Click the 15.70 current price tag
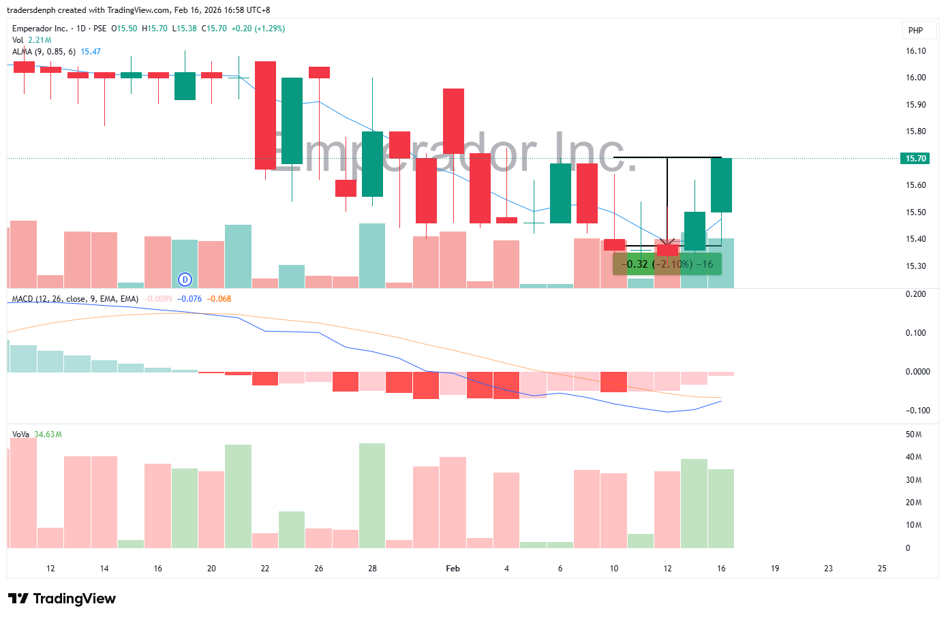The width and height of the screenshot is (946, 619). pyautogui.click(x=915, y=159)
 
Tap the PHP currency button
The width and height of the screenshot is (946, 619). pyautogui.click(x=915, y=31)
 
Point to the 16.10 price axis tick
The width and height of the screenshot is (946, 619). pyautogui.click(x=915, y=51)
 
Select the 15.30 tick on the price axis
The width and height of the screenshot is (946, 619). pyautogui.click(x=915, y=266)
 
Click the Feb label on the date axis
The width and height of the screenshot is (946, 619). pyautogui.click(x=453, y=569)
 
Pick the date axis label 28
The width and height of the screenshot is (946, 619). pyautogui.click(x=372, y=569)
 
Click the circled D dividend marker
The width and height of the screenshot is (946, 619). pyautogui.click(x=185, y=279)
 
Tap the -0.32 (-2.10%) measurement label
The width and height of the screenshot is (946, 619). pyautogui.click(x=667, y=264)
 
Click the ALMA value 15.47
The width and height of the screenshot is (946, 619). pyautogui.click(x=91, y=52)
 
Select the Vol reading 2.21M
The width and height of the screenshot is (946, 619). pyautogui.click(x=40, y=40)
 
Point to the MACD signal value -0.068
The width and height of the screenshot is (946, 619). pyautogui.click(x=219, y=299)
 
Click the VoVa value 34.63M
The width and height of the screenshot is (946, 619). pyautogui.click(x=48, y=434)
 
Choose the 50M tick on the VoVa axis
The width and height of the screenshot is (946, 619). pyautogui.click(x=913, y=434)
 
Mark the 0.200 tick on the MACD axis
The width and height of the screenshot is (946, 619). pyautogui.click(x=915, y=294)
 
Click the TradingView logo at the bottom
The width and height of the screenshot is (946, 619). pyautogui.click(x=62, y=599)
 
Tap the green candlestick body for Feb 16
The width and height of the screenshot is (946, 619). pyautogui.click(x=721, y=185)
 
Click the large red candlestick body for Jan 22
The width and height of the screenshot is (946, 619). pyautogui.click(x=265, y=115)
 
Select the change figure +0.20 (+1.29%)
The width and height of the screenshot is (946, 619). pyautogui.click(x=258, y=29)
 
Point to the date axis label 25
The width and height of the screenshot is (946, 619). pyautogui.click(x=882, y=569)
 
